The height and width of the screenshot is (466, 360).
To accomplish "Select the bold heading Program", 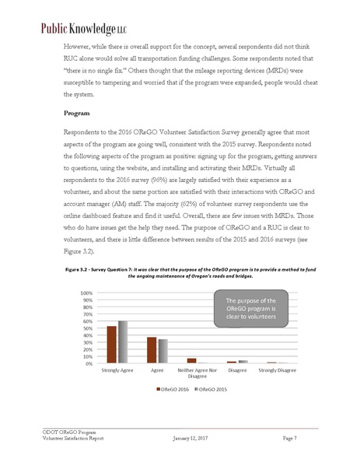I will pos(78,114).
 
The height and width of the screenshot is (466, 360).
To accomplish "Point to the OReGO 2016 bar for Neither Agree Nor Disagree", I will pos(192,361).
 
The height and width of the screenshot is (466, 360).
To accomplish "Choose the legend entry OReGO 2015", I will pos(211,388).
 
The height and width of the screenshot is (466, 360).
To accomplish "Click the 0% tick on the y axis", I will pos(89,363).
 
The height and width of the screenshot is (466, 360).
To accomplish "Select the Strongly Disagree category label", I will pos(277,370).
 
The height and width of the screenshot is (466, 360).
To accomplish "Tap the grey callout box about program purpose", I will pos(250,309).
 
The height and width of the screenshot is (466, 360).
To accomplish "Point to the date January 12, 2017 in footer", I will pos(191,440).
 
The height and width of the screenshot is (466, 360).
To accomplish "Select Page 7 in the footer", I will pos(291,440).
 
